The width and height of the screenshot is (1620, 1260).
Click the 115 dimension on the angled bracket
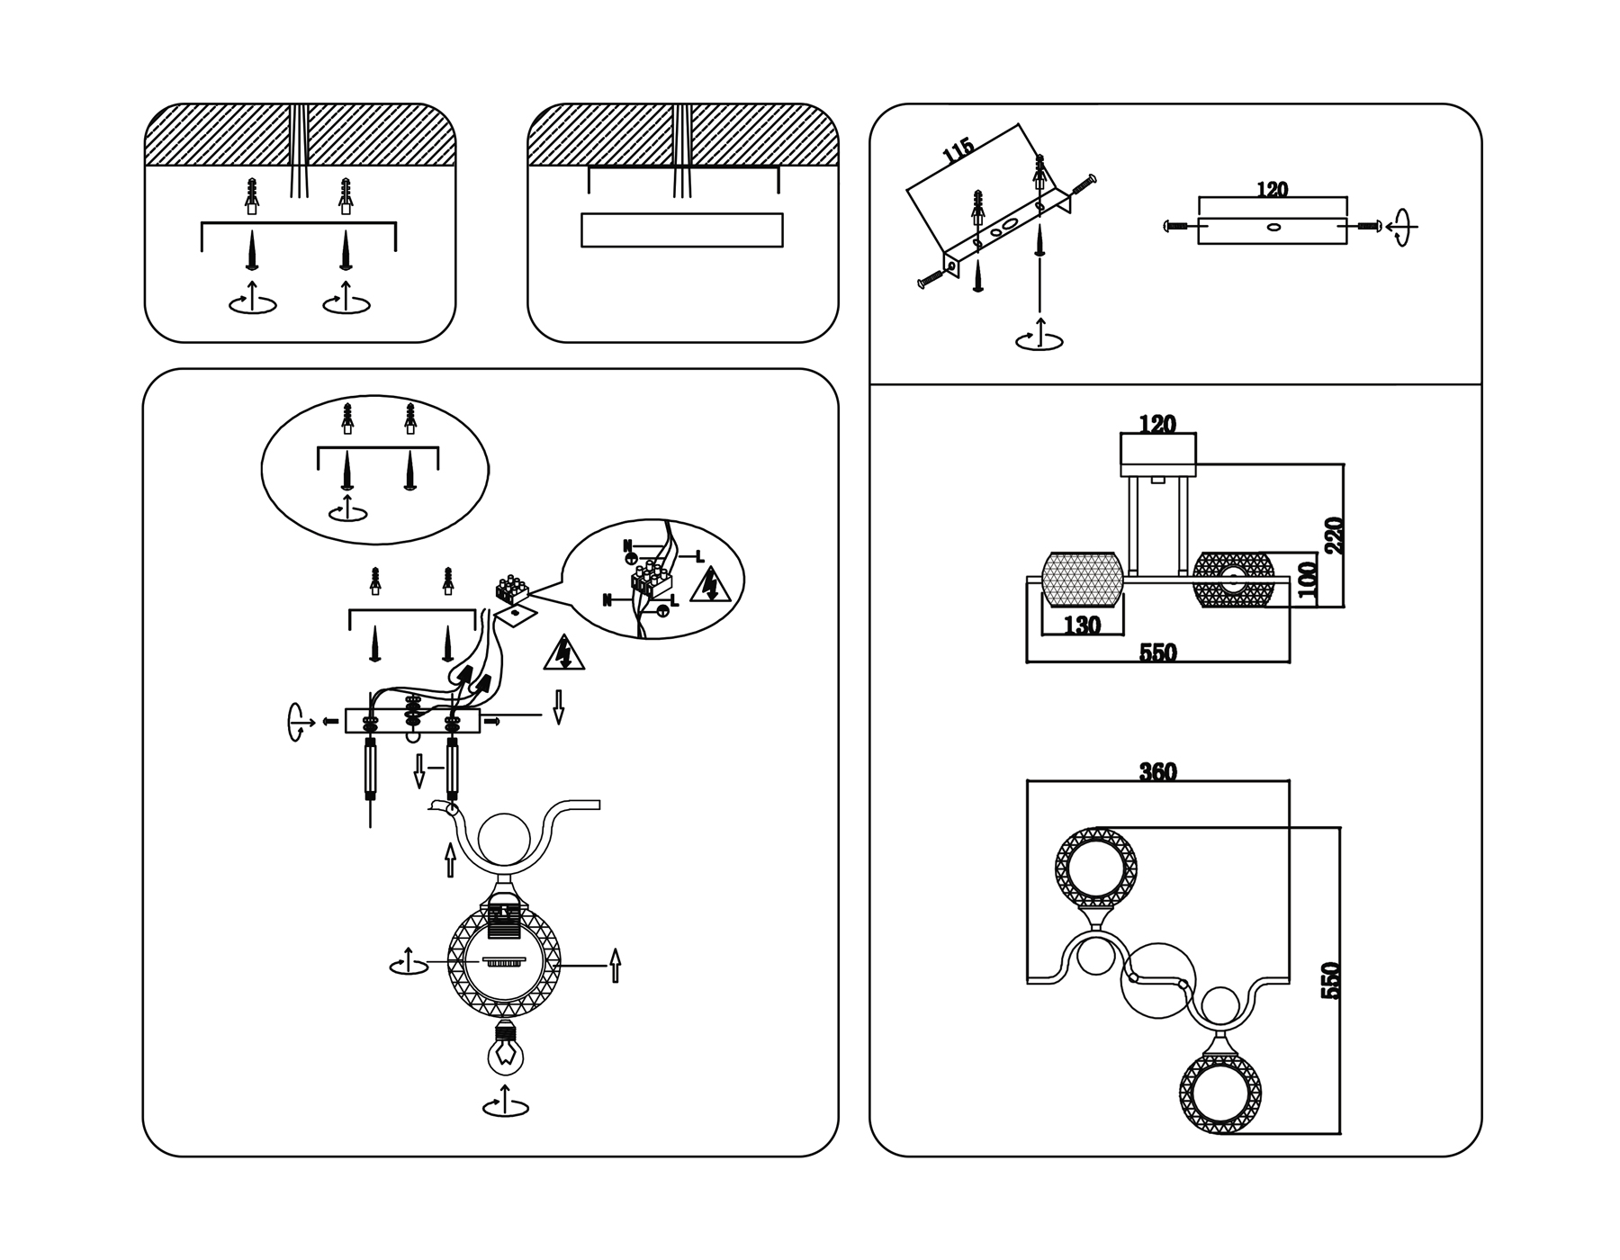click(958, 150)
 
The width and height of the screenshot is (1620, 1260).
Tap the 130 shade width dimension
click(1082, 625)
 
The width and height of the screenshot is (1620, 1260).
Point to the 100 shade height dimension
click(1309, 580)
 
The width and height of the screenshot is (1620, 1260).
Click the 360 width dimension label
click(1157, 772)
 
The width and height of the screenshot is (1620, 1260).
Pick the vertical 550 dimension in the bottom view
click(1331, 980)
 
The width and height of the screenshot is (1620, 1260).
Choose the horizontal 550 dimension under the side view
click(1158, 652)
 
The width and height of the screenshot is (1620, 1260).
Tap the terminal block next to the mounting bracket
click(512, 589)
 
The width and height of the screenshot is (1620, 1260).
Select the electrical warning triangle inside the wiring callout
click(710, 585)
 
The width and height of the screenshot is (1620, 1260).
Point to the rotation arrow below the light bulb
click(506, 1102)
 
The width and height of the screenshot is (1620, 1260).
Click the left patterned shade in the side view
click(1081, 580)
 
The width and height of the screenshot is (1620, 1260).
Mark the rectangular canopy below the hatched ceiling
click(682, 229)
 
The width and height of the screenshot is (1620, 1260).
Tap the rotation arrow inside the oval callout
click(348, 508)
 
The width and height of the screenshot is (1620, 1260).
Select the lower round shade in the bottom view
click(1219, 1093)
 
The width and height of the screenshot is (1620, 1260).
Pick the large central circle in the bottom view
click(1158, 981)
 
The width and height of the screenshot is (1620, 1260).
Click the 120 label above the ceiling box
click(1271, 190)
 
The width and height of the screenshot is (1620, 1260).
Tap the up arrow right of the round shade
click(616, 965)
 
